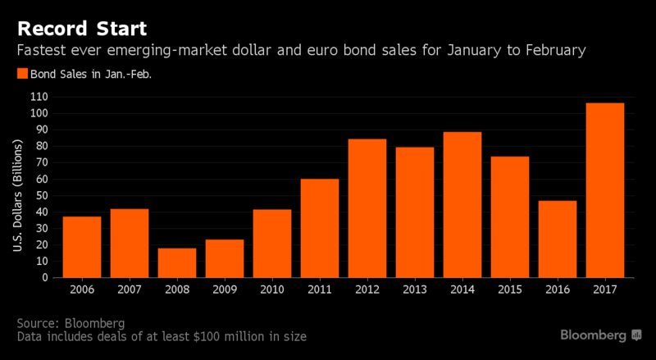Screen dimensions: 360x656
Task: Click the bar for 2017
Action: click(604, 190)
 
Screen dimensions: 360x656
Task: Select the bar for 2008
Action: click(176, 262)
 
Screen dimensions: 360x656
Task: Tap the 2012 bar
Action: click(367, 208)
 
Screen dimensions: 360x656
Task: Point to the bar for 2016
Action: click(557, 239)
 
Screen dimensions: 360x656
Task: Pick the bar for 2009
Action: click(224, 258)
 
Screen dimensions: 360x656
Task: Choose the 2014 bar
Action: click(462, 204)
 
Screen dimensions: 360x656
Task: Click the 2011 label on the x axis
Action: click(319, 289)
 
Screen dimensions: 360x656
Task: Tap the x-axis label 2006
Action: click(81, 289)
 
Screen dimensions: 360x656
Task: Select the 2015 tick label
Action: click(509, 289)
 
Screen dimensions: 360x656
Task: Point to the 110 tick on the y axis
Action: click(40, 97)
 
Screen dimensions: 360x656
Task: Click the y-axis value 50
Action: click(43, 195)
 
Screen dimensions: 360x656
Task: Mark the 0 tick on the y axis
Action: click(46, 277)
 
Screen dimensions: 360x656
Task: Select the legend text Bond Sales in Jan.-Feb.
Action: click(84, 74)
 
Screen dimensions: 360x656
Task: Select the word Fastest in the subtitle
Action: click(41, 52)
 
